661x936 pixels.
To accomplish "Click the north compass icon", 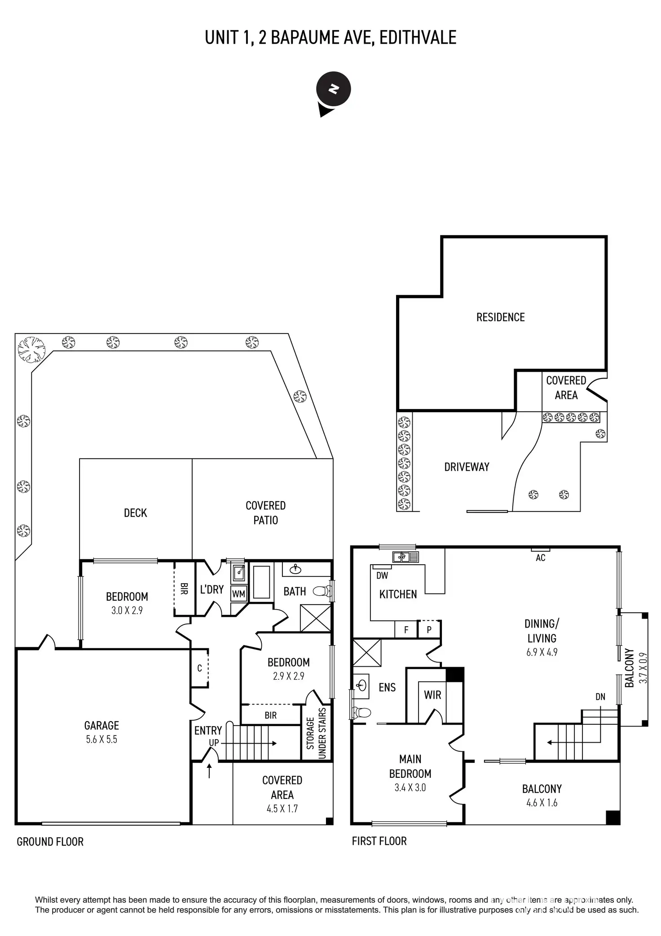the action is pos(333,90).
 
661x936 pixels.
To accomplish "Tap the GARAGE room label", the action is pos(101,725).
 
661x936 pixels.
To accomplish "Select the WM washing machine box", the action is pos(238,594).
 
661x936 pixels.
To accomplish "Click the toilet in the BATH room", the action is pos(321,591).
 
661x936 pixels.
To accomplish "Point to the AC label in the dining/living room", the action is pos(540,557).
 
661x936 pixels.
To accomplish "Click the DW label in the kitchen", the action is pos(382,575).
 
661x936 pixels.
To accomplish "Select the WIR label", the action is pos(432,695).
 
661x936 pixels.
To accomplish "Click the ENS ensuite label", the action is pos(387,687).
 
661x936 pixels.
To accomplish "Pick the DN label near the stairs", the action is pos(600,697).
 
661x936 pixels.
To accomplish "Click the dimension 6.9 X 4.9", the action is pos(542,652).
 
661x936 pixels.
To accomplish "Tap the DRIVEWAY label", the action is pos(467,467).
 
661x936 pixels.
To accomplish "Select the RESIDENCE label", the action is pos(500,317).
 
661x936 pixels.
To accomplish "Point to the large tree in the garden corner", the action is pos(31,348).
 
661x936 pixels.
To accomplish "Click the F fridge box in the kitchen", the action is pos(406,630).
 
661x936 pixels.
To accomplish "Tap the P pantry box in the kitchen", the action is pos(429,630).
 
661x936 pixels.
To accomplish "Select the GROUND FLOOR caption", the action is pos(50,842).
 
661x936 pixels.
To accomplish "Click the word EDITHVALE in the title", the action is pos(418,38).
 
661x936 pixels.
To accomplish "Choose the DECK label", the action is pos(135,513).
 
